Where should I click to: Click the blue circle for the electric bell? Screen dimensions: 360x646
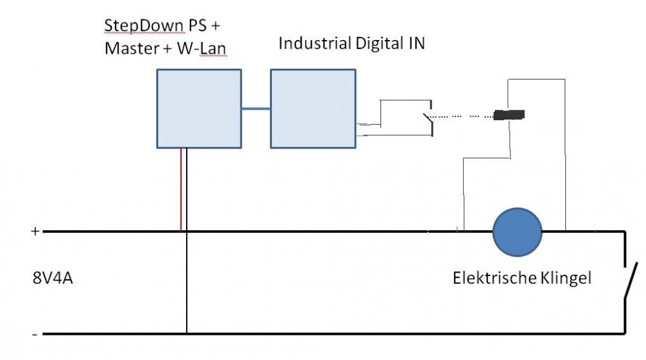click(x=517, y=231)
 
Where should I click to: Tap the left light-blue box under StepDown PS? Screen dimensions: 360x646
click(x=200, y=109)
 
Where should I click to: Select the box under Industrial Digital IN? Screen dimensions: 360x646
click(x=313, y=109)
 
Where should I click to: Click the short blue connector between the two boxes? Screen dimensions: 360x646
click(x=256, y=109)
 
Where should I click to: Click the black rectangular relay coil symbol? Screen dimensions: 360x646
click(x=509, y=116)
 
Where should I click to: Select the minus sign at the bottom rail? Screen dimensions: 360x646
click(x=34, y=334)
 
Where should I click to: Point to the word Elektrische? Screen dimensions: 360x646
click(x=494, y=279)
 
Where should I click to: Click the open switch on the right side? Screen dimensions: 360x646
click(x=629, y=281)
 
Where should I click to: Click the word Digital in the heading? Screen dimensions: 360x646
click(x=379, y=44)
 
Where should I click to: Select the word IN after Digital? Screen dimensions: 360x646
click(x=415, y=44)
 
